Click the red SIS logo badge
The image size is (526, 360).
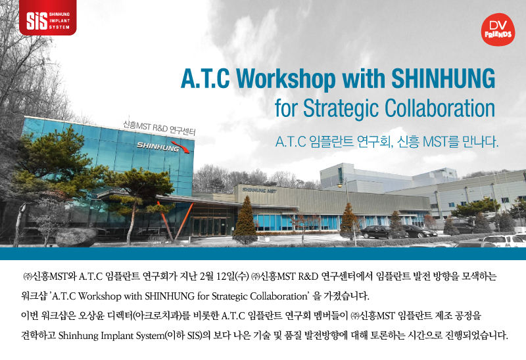(x=47, y=18)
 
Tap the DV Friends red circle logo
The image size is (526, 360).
(x=498, y=30)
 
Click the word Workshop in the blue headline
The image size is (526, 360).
(x=286, y=78)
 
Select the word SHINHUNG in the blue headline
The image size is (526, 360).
(x=443, y=78)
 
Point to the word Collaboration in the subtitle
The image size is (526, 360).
(x=440, y=108)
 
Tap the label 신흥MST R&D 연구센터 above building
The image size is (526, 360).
(x=159, y=127)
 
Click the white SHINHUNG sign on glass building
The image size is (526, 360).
(x=158, y=146)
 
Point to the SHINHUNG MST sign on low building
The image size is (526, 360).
(x=259, y=191)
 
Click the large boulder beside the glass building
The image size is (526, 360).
(x=76, y=237)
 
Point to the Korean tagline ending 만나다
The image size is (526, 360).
(x=387, y=142)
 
